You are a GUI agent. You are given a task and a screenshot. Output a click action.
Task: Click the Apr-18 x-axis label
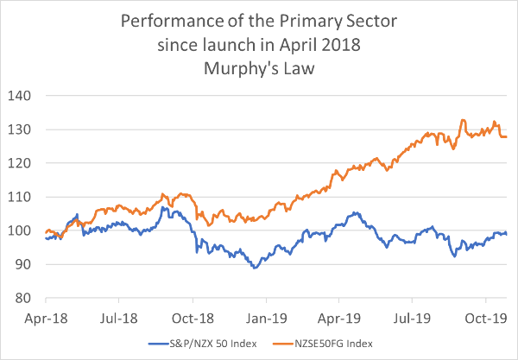[44, 317]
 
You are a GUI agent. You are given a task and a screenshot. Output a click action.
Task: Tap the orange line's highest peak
[464, 120]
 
